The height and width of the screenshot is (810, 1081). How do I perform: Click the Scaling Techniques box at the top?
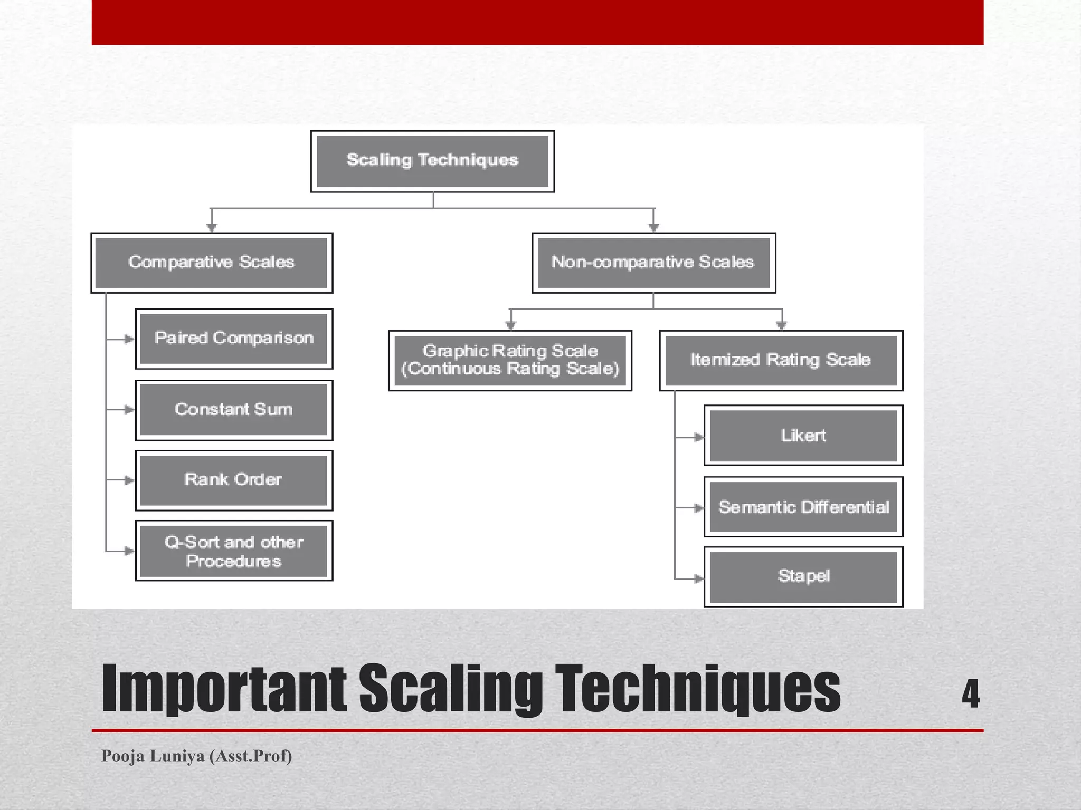pyautogui.click(x=432, y=161)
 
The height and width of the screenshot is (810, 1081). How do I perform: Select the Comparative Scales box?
pyautogui.click(x=212, y=263)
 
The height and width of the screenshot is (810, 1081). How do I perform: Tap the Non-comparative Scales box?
pyautogui.click(x=653, y=263)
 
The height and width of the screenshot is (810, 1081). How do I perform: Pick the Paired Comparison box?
pyautogui.click(x=234, y=339)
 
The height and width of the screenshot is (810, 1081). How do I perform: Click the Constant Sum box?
pyautogui.click(x=234, y=410)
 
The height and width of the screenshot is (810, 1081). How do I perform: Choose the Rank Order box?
pyautogui.click(x=234, y=480)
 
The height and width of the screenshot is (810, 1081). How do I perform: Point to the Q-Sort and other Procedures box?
pyautogui.click(x=234, y=551)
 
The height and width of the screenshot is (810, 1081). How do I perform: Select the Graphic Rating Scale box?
pyautogui.click(x=510, y=361)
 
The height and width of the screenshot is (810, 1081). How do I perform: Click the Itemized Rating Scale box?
pyautogui.click(x=781, y=361)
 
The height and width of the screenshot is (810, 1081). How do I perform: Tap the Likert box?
pyautogui.click(x=803, y=436)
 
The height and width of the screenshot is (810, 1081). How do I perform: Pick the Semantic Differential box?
pyautogui.click(x=803, y=507)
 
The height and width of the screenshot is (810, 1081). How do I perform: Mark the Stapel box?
pyautogui.click(x=803, y=576)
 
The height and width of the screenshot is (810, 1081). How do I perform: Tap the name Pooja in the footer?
pyautogui.click(x=122, y=756)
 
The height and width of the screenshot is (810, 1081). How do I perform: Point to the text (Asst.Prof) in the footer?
pyautogui.click(x=251, y=756)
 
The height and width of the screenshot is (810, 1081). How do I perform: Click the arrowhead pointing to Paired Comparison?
pyautogui.click(x=129, y=339)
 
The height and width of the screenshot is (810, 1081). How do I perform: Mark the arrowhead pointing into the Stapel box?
pyautogui.click(x=698, y=578)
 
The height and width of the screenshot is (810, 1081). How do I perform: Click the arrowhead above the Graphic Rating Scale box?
pyautogui.click(x=510, y=325)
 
